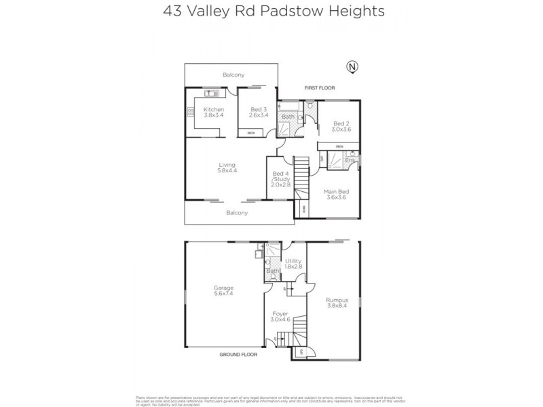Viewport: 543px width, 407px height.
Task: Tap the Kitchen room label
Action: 214,113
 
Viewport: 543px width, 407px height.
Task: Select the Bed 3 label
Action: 259,113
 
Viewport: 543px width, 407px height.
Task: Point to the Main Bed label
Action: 335,195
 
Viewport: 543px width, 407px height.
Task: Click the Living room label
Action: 227,168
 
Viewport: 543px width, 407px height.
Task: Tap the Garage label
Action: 224,290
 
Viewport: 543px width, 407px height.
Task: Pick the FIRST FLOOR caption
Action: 320,88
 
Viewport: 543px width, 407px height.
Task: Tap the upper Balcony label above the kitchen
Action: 233,75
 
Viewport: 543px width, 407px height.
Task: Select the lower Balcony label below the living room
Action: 237,213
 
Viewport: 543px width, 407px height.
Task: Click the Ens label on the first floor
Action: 350,161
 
